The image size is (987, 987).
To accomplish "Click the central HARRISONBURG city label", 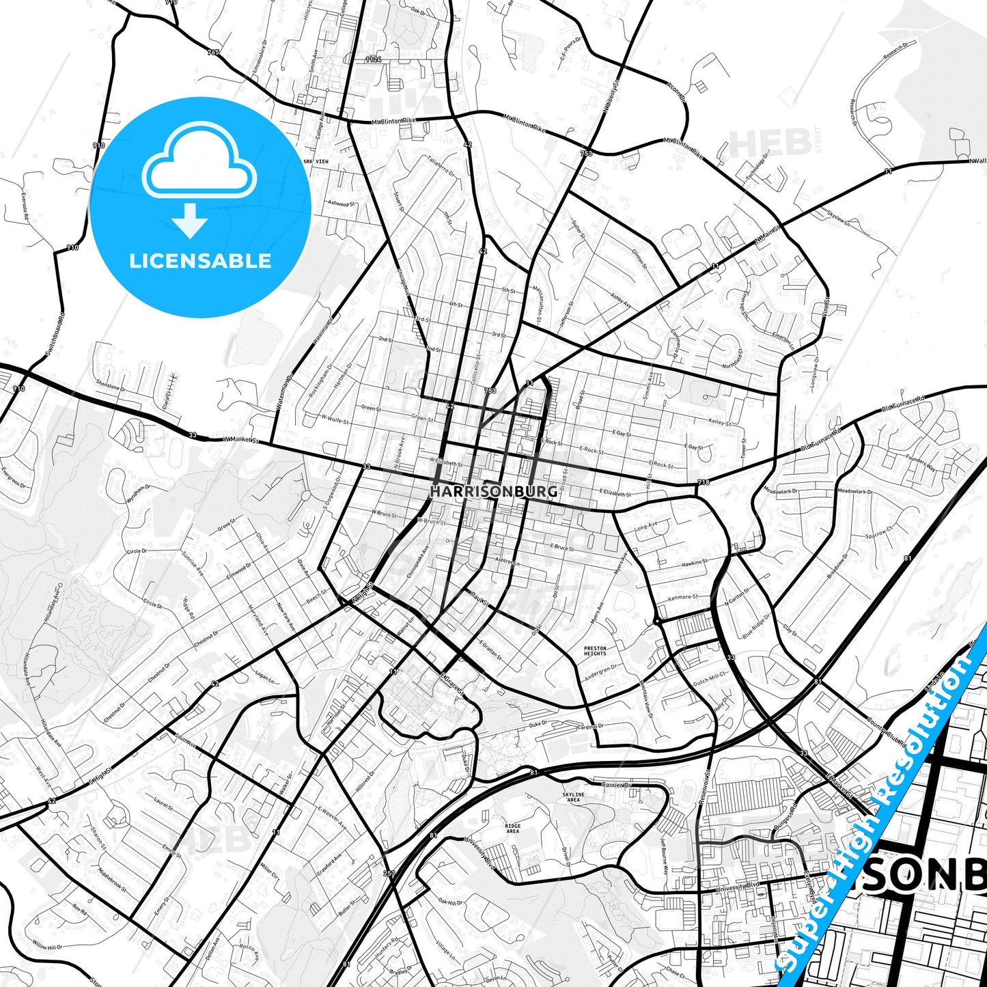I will [493, 490].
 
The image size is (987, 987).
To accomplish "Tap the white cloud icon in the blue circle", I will [199, 163].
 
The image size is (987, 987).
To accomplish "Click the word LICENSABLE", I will [200, 260].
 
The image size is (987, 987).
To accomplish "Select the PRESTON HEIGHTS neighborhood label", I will [595, 650].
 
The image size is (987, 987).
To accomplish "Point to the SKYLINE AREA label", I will [573, 797].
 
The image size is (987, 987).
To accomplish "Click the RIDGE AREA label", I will [512, 829].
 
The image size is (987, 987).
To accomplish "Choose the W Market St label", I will [241, 441].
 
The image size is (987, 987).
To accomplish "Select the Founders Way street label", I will [920, 463].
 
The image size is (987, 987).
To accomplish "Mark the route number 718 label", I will [704, 482].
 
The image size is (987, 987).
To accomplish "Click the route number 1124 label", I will [373, 60].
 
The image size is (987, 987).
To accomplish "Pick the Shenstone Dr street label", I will [111, 386].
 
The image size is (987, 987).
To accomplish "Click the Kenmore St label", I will [683, 598].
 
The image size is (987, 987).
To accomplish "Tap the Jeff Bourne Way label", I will [664, 858].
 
